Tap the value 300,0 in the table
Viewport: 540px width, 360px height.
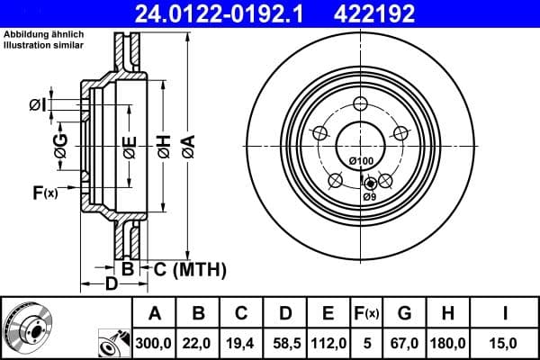[154, 343]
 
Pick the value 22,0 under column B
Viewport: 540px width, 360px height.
[198, 343]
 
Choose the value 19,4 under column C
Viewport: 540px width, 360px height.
[241, 343]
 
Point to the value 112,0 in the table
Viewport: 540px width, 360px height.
[328, 343]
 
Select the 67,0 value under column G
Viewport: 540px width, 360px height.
[404, 343]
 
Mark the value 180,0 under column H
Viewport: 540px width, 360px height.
[448, 343]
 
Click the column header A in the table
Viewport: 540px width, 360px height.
[154, 313]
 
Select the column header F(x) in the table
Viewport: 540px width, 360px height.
[367, 313]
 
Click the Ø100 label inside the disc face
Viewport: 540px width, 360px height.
[360, 161]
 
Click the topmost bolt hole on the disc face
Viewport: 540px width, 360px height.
[360, 103]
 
